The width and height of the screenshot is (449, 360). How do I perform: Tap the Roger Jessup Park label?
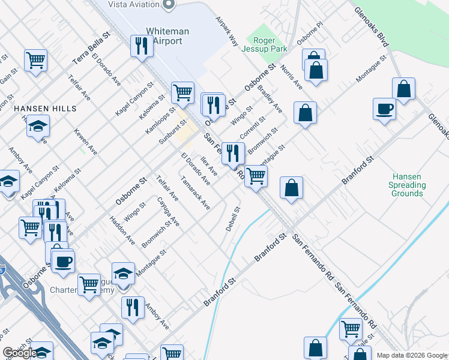[269, 44]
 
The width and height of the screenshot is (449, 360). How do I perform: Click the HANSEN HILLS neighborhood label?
[46, 109]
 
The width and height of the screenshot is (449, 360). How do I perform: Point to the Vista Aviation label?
[133, 5]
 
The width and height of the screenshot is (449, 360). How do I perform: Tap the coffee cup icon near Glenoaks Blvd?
[384, 109]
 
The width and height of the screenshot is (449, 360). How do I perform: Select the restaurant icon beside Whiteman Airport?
[142, 46]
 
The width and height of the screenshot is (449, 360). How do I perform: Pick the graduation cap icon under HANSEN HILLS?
[38, 126]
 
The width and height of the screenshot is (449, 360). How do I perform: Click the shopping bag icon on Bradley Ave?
[306, 112]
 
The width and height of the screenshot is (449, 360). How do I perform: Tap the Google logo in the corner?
[20, 353]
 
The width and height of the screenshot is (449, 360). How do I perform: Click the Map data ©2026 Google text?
[412, 355]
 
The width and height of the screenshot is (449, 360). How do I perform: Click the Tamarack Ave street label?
[195, 192]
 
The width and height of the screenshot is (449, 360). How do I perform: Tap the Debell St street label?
[233, 220]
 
